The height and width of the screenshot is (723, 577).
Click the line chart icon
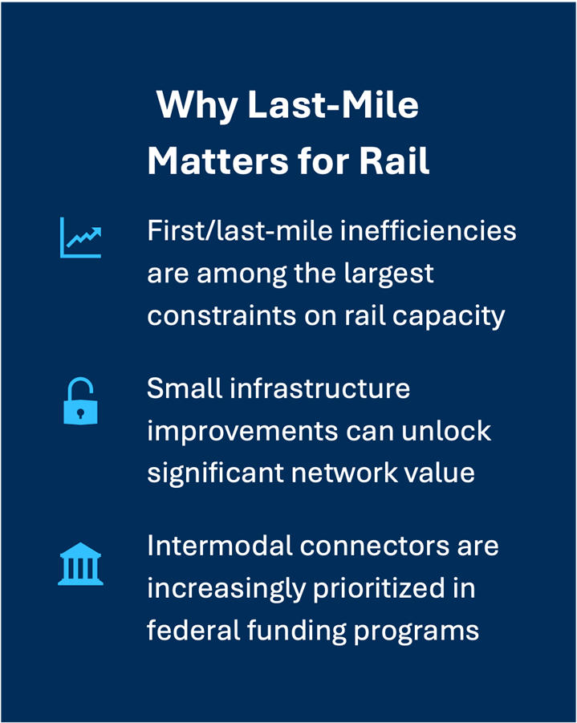[x=80, y=238]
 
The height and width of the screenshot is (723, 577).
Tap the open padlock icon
[x=79, y=400]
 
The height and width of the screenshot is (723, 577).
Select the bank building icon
[x=80, y=565]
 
